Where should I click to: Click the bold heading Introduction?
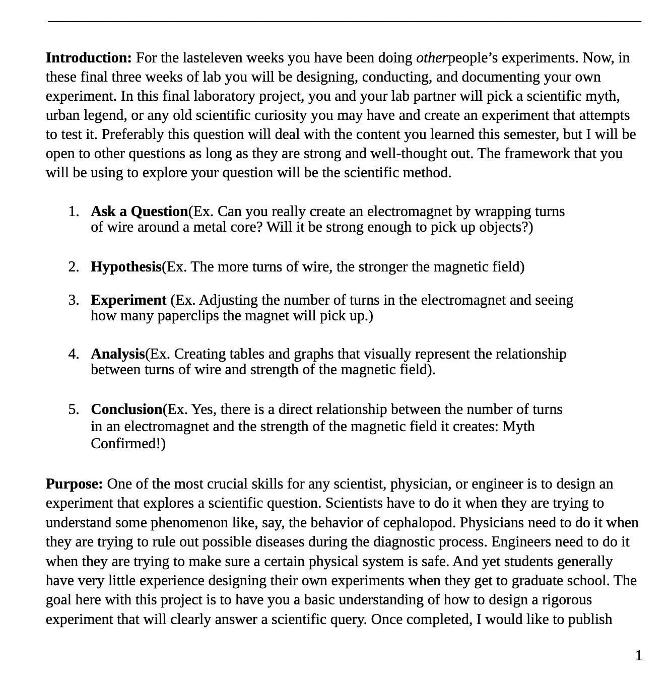point(89,58)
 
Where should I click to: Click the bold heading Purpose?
point(74,484)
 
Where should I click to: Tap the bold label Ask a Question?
point(139,212)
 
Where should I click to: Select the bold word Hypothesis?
point(126,267)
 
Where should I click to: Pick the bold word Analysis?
point(118,354)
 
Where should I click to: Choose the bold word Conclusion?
point(126,409)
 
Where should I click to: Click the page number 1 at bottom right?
point(638,656)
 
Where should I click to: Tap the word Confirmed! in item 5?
point(126,444)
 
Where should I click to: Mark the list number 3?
point(74,300)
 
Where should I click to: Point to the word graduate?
point(538,581)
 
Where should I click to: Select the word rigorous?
point(564,600)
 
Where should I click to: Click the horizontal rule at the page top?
point(345,22)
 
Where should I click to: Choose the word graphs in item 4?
point(315,354)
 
